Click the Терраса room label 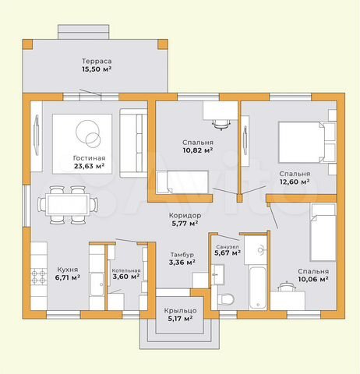(97, 62)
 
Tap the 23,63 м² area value (89, 166)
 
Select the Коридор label (185, 215)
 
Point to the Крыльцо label (180, 311)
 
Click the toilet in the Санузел (225, 298)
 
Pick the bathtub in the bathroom (257, 287)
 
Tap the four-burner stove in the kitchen (38, 277)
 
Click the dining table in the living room (68, 205)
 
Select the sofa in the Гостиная (133, 143)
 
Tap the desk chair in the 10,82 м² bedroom (221, 124)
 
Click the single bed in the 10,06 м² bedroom (323, 232)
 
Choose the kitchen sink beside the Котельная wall (97, 284)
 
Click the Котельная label (126, 270)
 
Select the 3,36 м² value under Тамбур (182, 263)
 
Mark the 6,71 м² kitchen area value (68, 277)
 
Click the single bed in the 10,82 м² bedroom (182, 182)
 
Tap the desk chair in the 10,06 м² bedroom (286, 287)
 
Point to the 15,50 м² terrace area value (97, 69)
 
